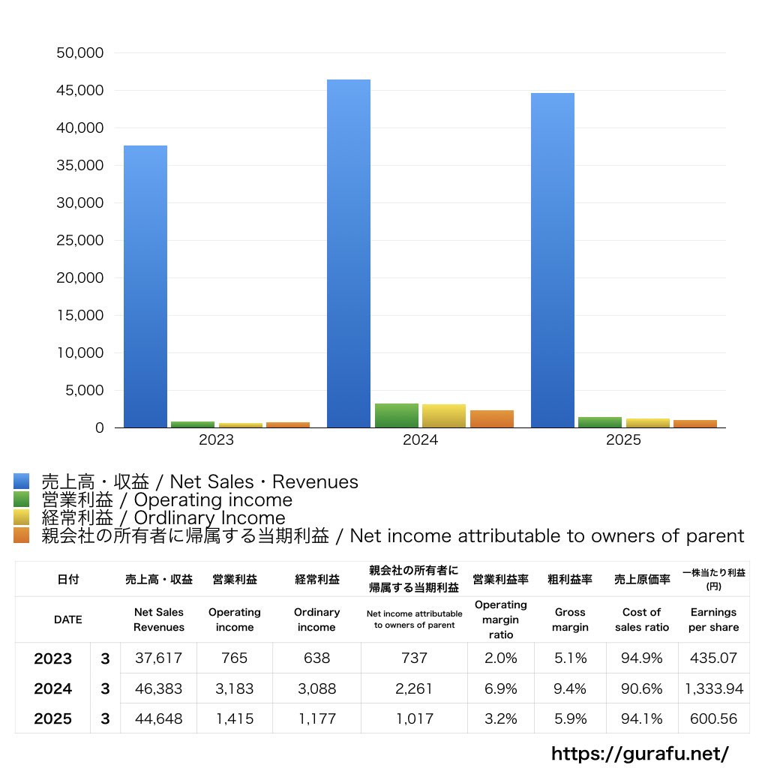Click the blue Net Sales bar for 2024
tap(349, 253)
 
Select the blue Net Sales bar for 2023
tap(145, 286)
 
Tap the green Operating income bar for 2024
tap(397, 415)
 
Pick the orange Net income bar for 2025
tap(695, 424)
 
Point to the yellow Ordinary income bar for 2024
tap(444, 415)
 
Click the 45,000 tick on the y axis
tap(79, 90)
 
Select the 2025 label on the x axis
tap(623, 439)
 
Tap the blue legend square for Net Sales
tap(22, 481)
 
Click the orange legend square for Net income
tap(22, 535)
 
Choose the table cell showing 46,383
tap(159, 688)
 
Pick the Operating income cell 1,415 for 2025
tap(235, 718)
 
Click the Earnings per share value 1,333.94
tap(714, 688)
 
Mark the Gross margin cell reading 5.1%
tap(570, 658)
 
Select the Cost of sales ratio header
tap(642, 619)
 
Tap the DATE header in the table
tap(68, 619)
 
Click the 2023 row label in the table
tap(53, 658)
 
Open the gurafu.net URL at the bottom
tap(640, 753)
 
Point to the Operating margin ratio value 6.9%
tap(500, 688)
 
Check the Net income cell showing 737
tap(414, 658)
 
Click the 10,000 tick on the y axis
tap(80, 352)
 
